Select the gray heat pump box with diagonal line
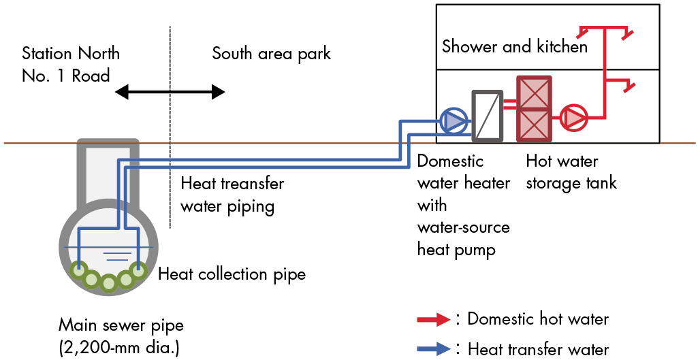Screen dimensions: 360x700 click(487, 116)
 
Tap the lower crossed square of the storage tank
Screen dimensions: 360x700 click(534, 125)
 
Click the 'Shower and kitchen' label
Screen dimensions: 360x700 click(514, 46)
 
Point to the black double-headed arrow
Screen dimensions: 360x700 click(170, 92)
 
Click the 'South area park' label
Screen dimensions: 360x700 click(271, 53)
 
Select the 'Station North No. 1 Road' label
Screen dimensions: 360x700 click(70, 64)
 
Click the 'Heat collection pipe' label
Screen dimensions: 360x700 click(232, 274)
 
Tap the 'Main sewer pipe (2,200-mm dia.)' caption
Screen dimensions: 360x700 click(121, 336)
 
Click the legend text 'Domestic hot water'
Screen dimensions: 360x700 click(538, 318)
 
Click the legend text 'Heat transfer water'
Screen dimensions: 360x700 click(538, 349)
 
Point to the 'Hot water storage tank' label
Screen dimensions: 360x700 click(571, 171)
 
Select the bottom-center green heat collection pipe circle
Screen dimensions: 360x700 click(108, 282)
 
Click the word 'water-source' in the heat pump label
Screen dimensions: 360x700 click(463, 227)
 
